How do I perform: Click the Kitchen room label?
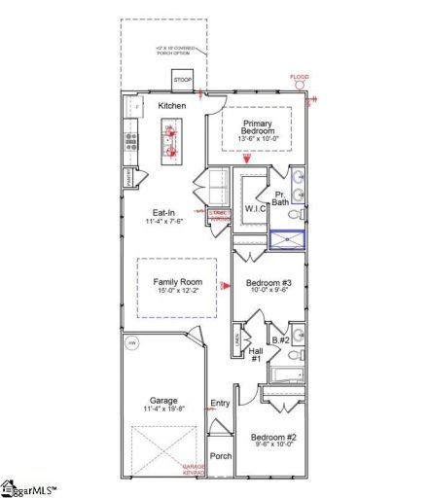click(x=172, y=105)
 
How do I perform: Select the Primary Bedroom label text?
click(x=258, y=131)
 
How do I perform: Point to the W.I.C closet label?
click(x=256, y=208)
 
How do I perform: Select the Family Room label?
click(x=176, y=282)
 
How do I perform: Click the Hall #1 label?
click(x=256, y=356)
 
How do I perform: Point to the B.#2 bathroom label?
click(x=281, y=340)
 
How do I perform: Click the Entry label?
click(x=220, y=403)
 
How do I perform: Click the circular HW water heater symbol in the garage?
click(x=131, y=342)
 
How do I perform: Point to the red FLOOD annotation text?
click(x=300, y=77)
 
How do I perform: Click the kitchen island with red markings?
click(x=172, y=141)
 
